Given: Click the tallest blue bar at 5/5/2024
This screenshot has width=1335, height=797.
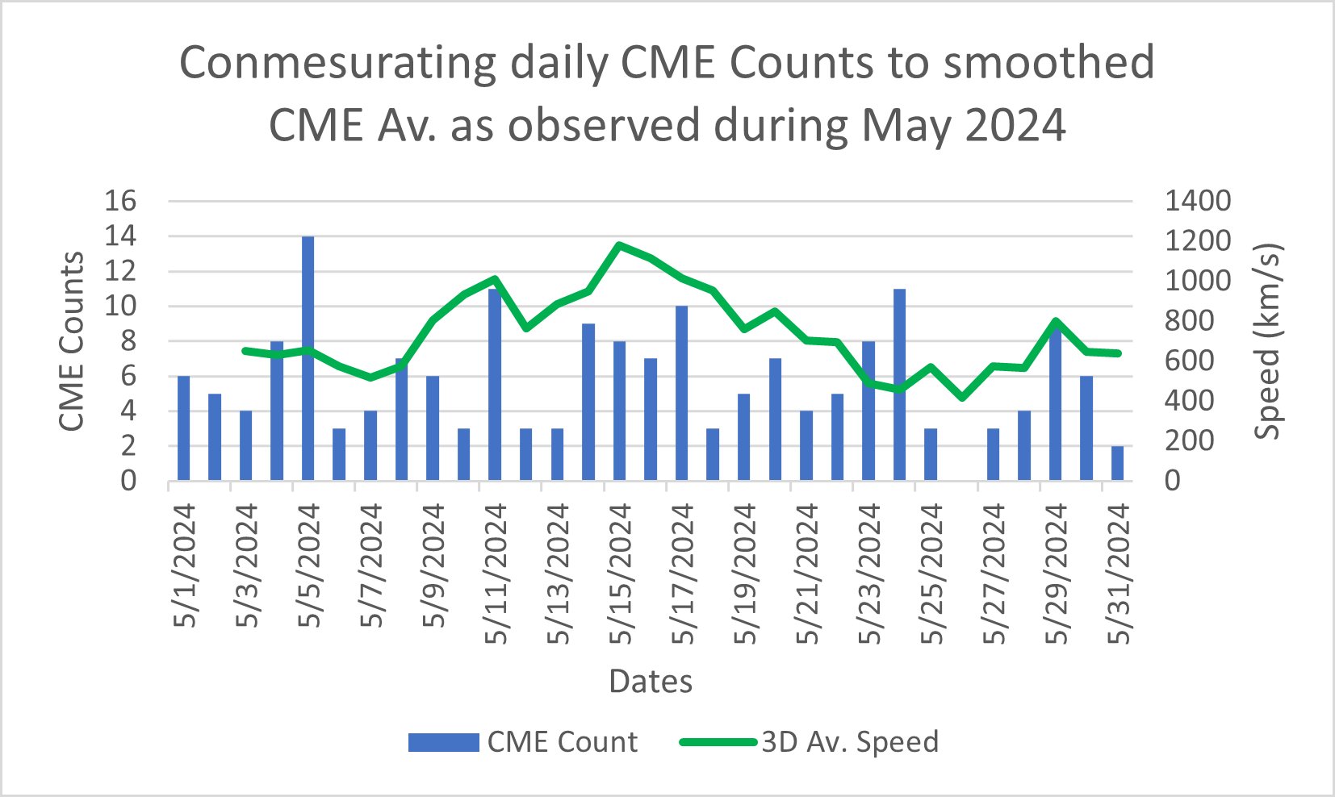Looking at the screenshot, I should pyautogui.click(x=308, y=359).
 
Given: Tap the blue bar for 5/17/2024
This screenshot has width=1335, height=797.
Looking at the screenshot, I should pyautogui.click(x=682, y=394).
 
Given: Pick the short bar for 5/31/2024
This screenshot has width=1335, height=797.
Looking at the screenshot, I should pyautogui.click(x=1117, y=463).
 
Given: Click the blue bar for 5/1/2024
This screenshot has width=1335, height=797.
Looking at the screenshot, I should pyautogui.click(x=183, y=428).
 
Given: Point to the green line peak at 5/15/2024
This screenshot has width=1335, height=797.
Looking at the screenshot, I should pyautogui.click(x=619, y=244).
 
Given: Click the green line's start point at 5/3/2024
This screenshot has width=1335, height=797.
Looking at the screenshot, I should pyautogui.click(x=245, y=350).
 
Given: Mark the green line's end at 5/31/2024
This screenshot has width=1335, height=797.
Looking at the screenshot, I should pyautogui.click(x=1118, y=353).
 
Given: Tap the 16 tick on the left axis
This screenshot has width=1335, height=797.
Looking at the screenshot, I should pyautogui.click(x=120, y=201).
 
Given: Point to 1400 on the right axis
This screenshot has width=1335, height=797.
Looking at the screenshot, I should pyautogui.click(x=1198, y=201).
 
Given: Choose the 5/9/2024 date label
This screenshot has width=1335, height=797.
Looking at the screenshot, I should pyautogui.click(x=433, y=565).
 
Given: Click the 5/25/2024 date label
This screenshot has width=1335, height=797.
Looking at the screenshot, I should pyautogui.click(x=931, y=573).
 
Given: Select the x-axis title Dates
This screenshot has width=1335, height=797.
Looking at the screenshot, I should pyautogui.click(x=651, y=682).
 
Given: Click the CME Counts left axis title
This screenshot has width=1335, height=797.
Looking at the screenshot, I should pyautogui.click(x=72, y=340).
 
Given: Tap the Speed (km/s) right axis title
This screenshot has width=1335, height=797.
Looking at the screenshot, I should pyautogui.click(x=1267, y=340).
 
